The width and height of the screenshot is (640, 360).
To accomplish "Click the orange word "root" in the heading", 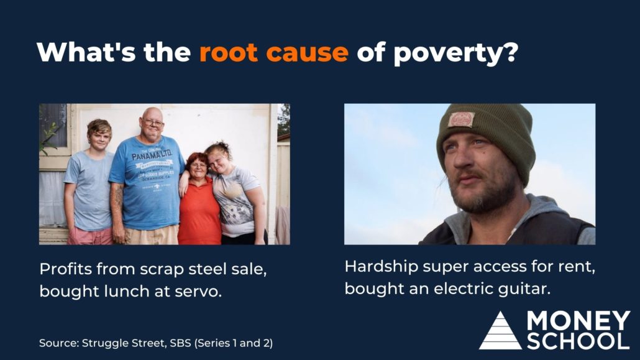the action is point(229,52).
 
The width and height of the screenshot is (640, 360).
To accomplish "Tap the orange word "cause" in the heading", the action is point(308,53).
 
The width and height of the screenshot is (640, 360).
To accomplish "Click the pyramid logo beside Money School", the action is point(500,331).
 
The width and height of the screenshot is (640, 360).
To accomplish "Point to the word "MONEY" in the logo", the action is point(578,321).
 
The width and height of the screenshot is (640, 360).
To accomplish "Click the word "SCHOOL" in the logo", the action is point(578,341).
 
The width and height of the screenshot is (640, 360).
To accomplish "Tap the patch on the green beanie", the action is point(461,119).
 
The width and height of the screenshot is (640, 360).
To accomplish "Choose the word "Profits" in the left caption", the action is point(65,269).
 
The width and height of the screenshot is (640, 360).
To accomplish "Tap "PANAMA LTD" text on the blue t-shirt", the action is point(152,155).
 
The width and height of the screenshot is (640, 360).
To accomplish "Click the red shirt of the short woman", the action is point(199,213).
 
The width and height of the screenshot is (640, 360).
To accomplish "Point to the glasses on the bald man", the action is point(153,122).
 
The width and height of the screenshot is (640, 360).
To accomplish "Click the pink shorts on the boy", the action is point(89,236).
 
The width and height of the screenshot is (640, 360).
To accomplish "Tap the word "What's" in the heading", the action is point(86,52).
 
